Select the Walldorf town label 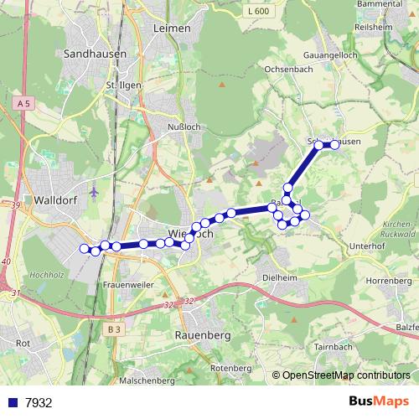57,200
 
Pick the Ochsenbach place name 288,70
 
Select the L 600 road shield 260,11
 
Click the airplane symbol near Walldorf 93,190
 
